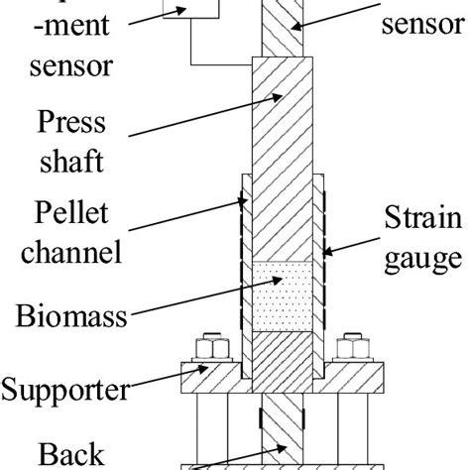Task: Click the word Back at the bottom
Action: click(x=70, y=456)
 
